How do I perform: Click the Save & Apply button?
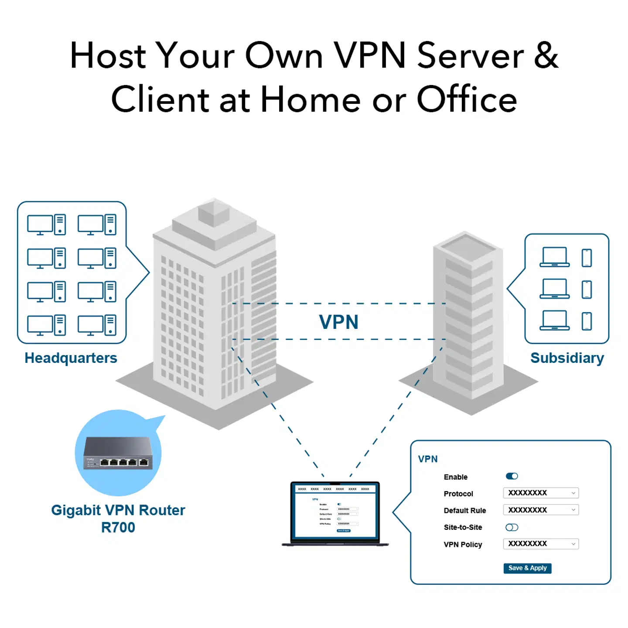click(527, 568)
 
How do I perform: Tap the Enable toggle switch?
click(512, 476)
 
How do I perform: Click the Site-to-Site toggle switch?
click(512, 527)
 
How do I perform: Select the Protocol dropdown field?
click(541, 493)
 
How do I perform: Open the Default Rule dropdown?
click(541, 510)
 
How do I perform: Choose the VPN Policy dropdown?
click(541, 544)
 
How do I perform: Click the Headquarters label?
click(71, 358)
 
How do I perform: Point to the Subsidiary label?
click(567, 358)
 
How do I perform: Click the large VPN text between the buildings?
click(338, 322)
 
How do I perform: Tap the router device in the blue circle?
click(118, 454)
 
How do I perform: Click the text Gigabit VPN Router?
click(118, 510)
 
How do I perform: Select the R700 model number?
click(118, 527)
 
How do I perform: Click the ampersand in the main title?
click(546, 55)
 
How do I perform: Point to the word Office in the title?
click(467, 99)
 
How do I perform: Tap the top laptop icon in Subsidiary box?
click(554, 257)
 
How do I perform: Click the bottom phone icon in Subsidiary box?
click(587, 321)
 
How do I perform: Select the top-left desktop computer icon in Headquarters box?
click(46, 225)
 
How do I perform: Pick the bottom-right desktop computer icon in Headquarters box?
click(97, 325)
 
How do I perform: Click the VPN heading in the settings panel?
click(428, 459)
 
